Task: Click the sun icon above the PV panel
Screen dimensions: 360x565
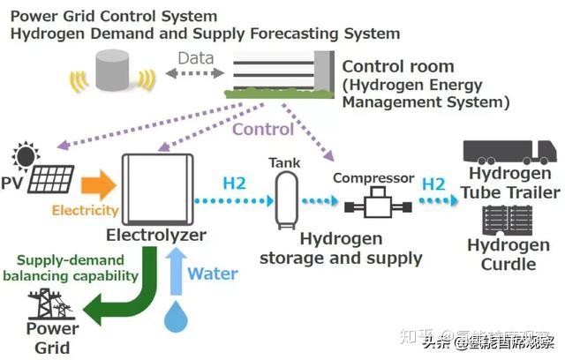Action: point(25,156)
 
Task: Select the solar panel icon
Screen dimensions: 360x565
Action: point(51,179)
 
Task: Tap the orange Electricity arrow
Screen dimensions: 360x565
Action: point(97,185)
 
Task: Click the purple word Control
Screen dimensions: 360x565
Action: point(263,129)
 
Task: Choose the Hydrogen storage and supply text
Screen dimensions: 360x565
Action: point(341,249)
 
